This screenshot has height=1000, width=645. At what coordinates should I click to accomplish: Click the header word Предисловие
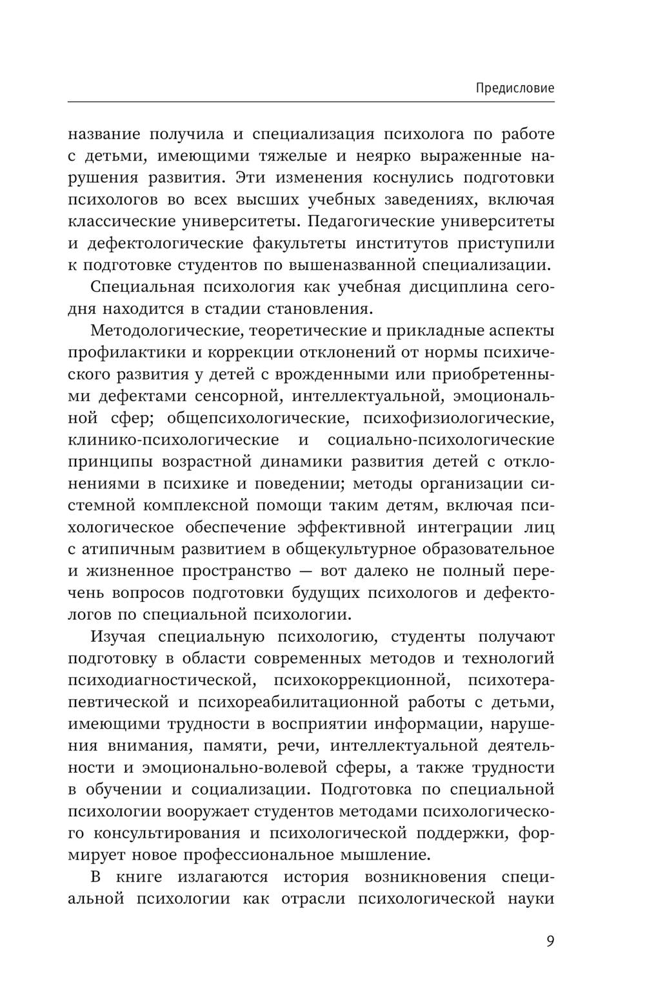[x=515, y=88]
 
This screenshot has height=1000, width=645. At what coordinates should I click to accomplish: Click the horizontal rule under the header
[x=310, y=101]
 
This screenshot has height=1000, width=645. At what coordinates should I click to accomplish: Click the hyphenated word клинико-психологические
[x=173, y=440]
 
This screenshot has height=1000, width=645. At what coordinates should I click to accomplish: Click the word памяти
[x=213, y=745]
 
